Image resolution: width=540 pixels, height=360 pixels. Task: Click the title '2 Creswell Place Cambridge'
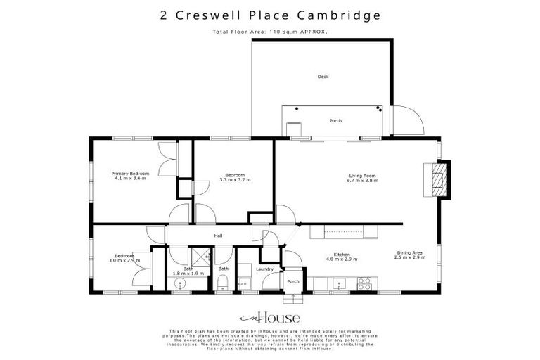(269, 15)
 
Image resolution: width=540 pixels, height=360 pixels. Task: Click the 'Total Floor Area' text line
(269, 32)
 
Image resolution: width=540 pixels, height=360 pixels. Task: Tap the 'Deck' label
(323, 77)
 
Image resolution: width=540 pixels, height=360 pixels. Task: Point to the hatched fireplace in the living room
(437, 179)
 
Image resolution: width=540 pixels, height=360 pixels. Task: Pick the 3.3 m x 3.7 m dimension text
(235, 180)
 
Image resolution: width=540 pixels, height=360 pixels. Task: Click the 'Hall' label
(218, 236)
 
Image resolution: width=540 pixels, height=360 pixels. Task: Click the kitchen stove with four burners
(365, 283)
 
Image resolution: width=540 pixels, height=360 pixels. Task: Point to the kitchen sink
(340, 284)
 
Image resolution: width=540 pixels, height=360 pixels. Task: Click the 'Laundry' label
(264, 269)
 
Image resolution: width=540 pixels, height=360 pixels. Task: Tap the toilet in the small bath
(222, 283)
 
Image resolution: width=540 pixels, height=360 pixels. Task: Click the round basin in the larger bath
(180, 284)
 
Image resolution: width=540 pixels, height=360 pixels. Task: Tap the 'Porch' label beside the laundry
(293, 281)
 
